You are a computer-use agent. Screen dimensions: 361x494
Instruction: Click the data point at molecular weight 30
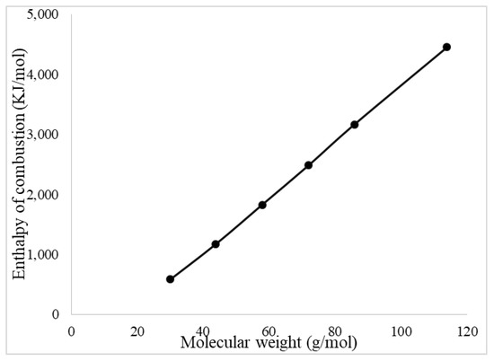(170, 279)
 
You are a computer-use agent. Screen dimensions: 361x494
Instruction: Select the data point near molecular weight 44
(216, 244)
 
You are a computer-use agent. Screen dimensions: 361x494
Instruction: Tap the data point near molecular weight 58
(262, 205)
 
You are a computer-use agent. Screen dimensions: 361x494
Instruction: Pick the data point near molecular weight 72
(308, 165)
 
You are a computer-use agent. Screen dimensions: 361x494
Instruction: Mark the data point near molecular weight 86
(355, 124)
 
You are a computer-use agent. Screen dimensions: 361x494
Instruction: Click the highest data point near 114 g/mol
(446, 47)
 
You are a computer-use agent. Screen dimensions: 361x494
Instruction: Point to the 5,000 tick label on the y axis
(42, 15)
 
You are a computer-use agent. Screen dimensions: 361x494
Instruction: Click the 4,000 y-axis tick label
(42, 75)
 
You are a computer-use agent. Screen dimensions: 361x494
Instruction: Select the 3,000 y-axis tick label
(42, 135)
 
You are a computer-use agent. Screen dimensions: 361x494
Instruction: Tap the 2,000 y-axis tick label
(42, 195)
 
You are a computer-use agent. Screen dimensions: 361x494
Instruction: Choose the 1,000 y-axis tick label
(42, 255)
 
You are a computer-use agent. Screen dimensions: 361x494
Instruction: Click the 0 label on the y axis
(55, 315)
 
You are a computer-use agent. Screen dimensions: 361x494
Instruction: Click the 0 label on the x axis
(72, 330)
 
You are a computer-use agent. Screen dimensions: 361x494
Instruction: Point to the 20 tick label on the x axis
(137, 330)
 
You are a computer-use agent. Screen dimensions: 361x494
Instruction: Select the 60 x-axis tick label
(269, 330)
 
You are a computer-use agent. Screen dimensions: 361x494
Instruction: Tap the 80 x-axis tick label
(334, 330)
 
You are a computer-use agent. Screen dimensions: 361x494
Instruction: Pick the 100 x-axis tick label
(400, 330)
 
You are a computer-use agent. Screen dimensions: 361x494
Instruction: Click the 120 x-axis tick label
(465, 330)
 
